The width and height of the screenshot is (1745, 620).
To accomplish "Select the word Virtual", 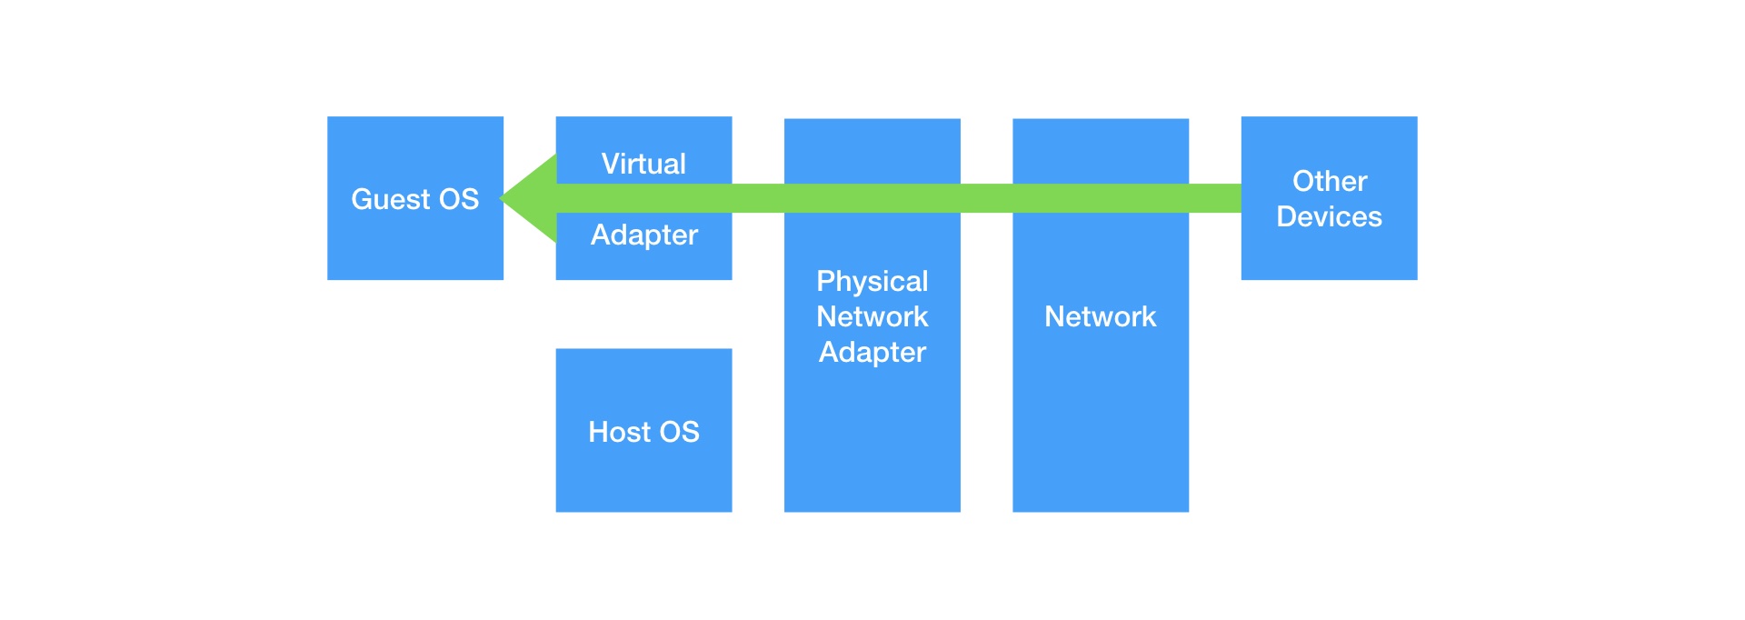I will (x=643, y=164).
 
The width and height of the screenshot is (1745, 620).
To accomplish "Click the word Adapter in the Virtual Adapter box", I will (x=644, y=235).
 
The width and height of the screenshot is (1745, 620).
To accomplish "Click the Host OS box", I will (x=643, y=473).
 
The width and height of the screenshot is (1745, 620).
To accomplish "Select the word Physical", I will (x=872, y=281).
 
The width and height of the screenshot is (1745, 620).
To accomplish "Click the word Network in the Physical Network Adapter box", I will (x=872, y=316).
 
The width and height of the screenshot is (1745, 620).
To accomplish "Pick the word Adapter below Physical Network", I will (x=872, y=352).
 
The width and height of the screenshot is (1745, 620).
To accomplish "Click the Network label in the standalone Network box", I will (x=1100, y=316).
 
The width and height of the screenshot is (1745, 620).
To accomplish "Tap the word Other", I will (x=1330, y=181).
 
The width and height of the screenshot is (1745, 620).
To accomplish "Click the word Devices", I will (x=1329, y=216).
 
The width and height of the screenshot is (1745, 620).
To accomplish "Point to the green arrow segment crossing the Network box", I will (x=1100, y=198).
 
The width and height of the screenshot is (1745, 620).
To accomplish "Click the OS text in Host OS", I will (x=679, y=432).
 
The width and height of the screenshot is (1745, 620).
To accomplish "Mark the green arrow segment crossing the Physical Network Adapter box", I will (x=872, y=198).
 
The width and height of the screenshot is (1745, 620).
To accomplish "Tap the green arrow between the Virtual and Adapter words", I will (x=643, y=198).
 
